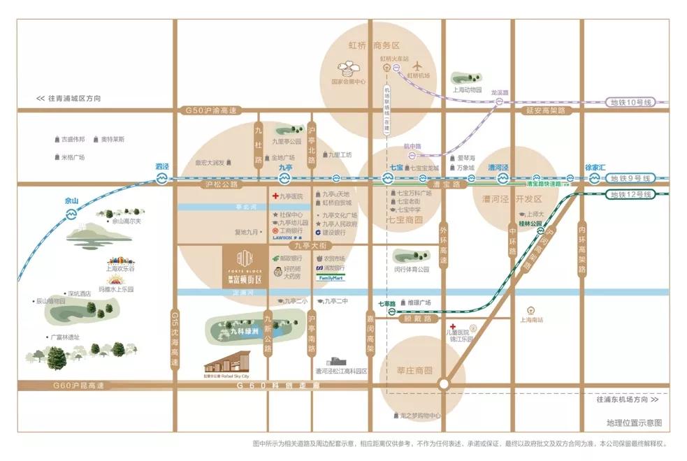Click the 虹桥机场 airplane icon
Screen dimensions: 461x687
pos(419,64)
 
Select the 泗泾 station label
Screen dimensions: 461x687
pos(162,167)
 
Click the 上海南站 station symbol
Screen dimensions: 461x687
pos(531,311)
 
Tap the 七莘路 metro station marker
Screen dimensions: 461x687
pos(392,312)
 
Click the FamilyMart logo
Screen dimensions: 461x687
pos(331,277)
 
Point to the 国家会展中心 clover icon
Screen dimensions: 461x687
pos(348,68)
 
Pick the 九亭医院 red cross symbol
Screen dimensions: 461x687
pos(275,196)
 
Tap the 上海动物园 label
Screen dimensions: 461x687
pos(468,89)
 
